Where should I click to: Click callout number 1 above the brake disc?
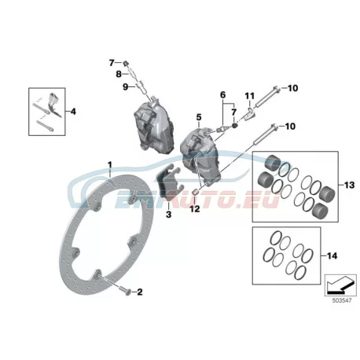pos(110,165)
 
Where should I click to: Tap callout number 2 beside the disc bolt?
pos(140,292)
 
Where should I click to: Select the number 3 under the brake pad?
pos(168,215)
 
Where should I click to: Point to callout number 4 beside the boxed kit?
pos(73,112)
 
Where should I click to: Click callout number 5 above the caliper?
pos(199,117)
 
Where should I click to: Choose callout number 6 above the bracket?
pos(222,94)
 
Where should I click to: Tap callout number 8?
pos(119,74)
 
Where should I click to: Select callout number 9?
pos(126,86)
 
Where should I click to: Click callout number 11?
pos(250,96)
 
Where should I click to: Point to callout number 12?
pos(195,209)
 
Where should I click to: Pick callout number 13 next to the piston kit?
pos(349,185)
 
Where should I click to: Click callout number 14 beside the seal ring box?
pos(332,255)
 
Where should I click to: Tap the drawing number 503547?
pos(342,300)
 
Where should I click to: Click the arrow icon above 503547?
pos(340,285)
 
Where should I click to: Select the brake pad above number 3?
pos(170,184)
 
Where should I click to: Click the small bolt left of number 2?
pos(125,291)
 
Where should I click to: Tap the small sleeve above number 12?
pos(195,193)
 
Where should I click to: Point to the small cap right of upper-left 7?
pos(126,63)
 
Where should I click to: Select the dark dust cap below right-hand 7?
pos(234,127)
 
